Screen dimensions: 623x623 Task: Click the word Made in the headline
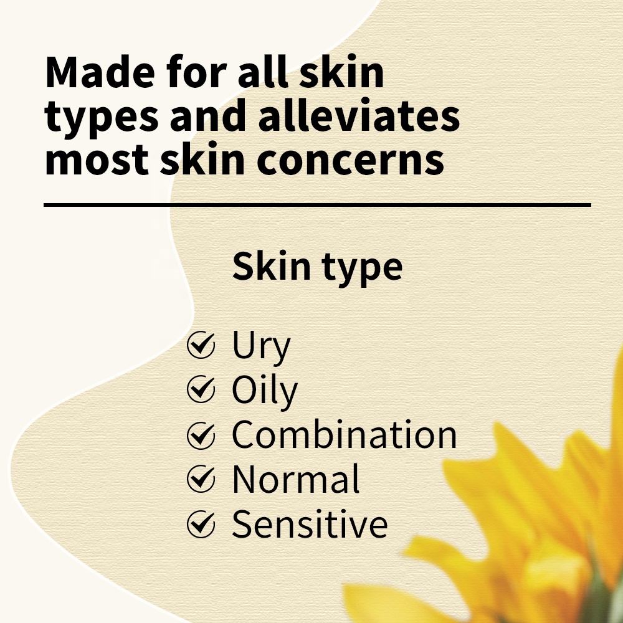point(100,72)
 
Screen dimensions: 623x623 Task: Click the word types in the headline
point(102,120)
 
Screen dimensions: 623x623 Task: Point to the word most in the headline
point(97,160)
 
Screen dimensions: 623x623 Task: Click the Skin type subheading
point(317,267)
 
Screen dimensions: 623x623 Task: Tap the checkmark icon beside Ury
point(201,345)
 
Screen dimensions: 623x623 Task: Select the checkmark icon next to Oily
point(201,389)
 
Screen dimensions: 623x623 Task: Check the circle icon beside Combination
point(201,435)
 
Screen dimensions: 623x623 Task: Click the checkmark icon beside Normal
point(201,478)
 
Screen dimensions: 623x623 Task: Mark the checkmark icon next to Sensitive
point(201,524)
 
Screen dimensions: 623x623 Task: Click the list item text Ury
point(262,346)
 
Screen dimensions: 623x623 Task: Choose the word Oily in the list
point(265,391)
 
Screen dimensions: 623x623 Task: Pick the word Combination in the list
point(344,435)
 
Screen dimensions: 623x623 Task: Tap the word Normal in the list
point(295,479)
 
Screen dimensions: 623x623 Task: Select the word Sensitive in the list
point(310,524)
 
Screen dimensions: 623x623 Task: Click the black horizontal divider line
point(317,205)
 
